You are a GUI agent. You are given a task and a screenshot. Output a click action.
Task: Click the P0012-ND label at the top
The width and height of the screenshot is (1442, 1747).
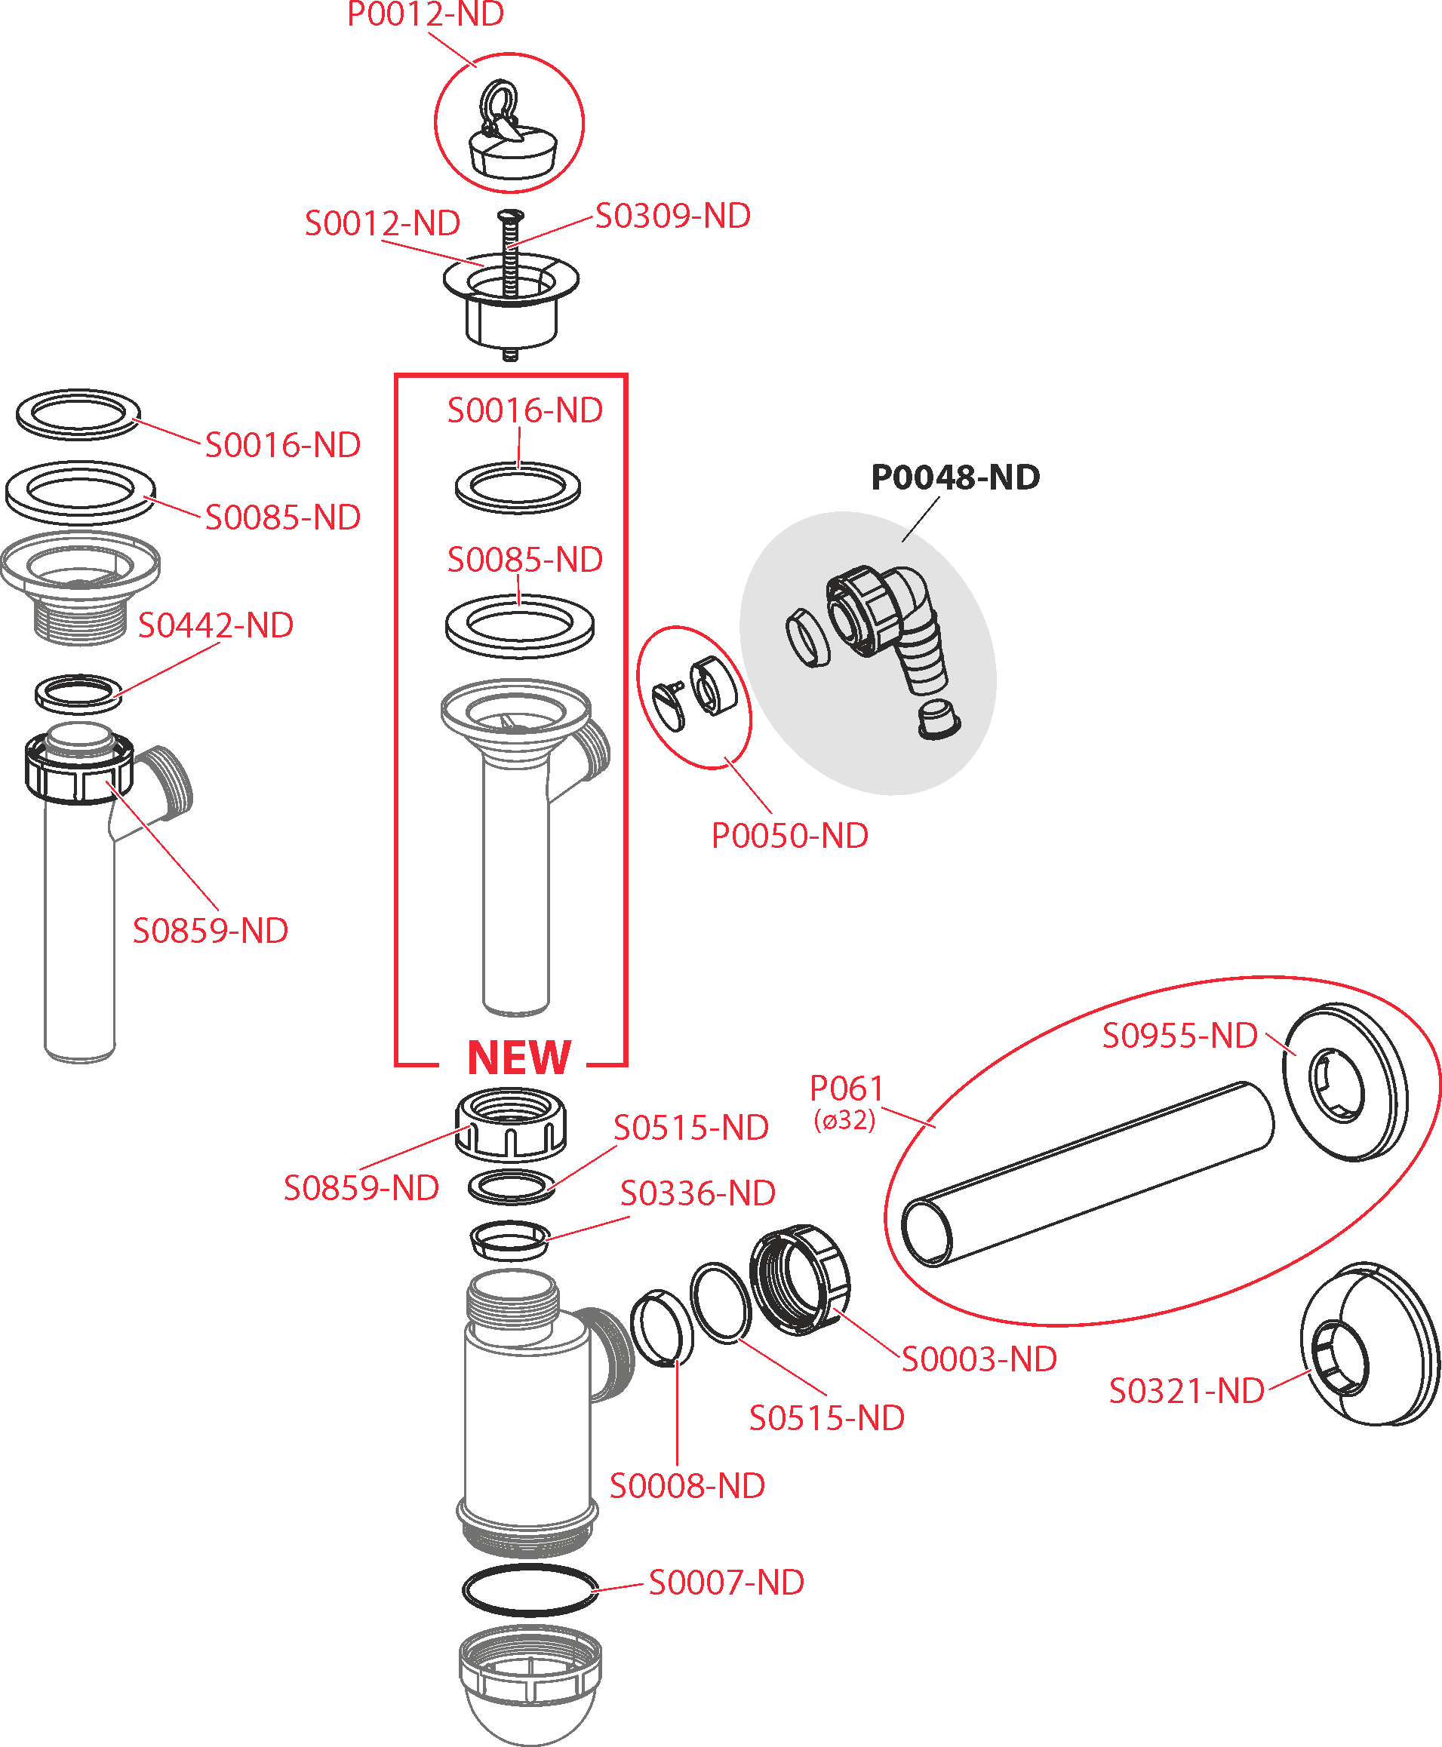pos(426,14)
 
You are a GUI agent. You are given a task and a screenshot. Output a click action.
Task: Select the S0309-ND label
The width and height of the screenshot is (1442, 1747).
pos(673,216)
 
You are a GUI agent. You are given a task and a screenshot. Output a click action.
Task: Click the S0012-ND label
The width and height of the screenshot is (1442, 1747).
pos(382,223)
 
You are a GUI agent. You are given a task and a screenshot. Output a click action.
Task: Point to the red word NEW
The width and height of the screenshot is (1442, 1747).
pos(519,1058)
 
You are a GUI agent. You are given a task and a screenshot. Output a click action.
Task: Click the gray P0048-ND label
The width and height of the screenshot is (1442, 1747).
pos(955,477)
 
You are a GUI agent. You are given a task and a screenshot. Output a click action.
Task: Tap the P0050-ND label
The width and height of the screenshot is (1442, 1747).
pos(790,836)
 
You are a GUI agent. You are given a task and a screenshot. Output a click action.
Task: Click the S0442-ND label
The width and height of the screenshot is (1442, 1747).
pos(215,626)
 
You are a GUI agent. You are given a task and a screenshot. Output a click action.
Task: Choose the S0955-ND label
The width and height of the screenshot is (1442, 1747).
pos(1179,1036)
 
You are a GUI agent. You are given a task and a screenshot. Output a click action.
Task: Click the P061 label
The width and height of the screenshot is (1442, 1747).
pos(847,1088)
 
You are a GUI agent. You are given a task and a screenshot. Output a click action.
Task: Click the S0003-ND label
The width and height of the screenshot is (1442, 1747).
pos(979,1360)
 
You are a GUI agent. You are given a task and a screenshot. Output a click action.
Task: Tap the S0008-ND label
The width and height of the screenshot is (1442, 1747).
pos(687,1486)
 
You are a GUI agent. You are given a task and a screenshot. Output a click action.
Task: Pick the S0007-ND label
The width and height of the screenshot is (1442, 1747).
pos(726,1583)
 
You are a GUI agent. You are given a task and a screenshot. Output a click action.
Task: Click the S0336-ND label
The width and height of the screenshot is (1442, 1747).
pos(698,1194)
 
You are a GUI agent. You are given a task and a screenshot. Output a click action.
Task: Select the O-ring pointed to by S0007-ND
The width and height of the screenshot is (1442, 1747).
pos(530,1591)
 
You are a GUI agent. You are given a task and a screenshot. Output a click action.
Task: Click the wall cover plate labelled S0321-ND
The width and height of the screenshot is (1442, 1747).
pos(1370,1345)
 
